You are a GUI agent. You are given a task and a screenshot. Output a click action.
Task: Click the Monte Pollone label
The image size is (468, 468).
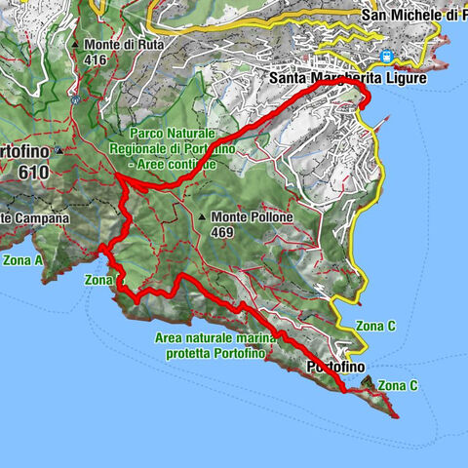(249, 217)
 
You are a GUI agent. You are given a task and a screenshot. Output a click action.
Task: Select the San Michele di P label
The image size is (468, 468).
(413, 15)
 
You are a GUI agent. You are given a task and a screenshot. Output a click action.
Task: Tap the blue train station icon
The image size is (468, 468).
(388, 58)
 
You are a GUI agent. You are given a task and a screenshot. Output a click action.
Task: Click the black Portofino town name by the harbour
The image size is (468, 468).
(336, 367)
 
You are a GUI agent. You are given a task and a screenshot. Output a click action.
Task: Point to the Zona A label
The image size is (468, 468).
(22, 260)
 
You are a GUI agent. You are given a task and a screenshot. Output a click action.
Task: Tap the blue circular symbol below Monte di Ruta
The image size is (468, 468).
(75, 99)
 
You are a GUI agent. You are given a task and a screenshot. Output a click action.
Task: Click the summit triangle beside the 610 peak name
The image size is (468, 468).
(59, 152)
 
